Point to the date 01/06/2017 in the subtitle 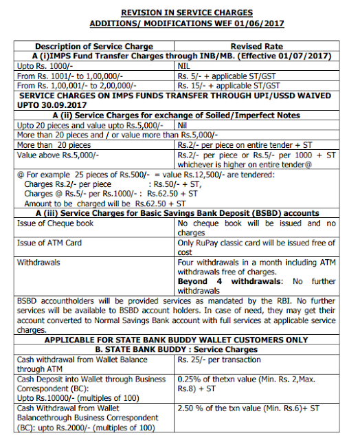258,23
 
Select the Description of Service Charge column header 95,45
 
